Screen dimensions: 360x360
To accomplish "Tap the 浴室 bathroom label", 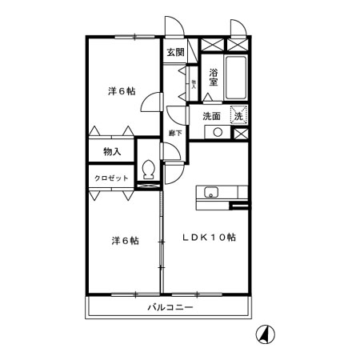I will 213,76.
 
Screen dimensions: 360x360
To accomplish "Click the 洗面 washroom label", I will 211,116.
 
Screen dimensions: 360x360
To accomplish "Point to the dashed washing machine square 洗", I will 239,116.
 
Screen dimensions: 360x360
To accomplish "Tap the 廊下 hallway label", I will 174,132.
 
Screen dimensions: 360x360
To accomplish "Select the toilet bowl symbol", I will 147,170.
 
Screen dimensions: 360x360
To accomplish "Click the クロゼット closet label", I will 112,178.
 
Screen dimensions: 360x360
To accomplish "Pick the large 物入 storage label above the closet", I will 112,150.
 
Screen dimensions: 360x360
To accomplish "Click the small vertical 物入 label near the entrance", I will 194,81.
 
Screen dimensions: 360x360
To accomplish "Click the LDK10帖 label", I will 208,237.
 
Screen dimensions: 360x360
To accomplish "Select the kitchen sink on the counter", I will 210,191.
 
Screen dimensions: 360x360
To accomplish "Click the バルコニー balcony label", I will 170,307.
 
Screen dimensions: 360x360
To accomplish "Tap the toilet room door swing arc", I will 170,154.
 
